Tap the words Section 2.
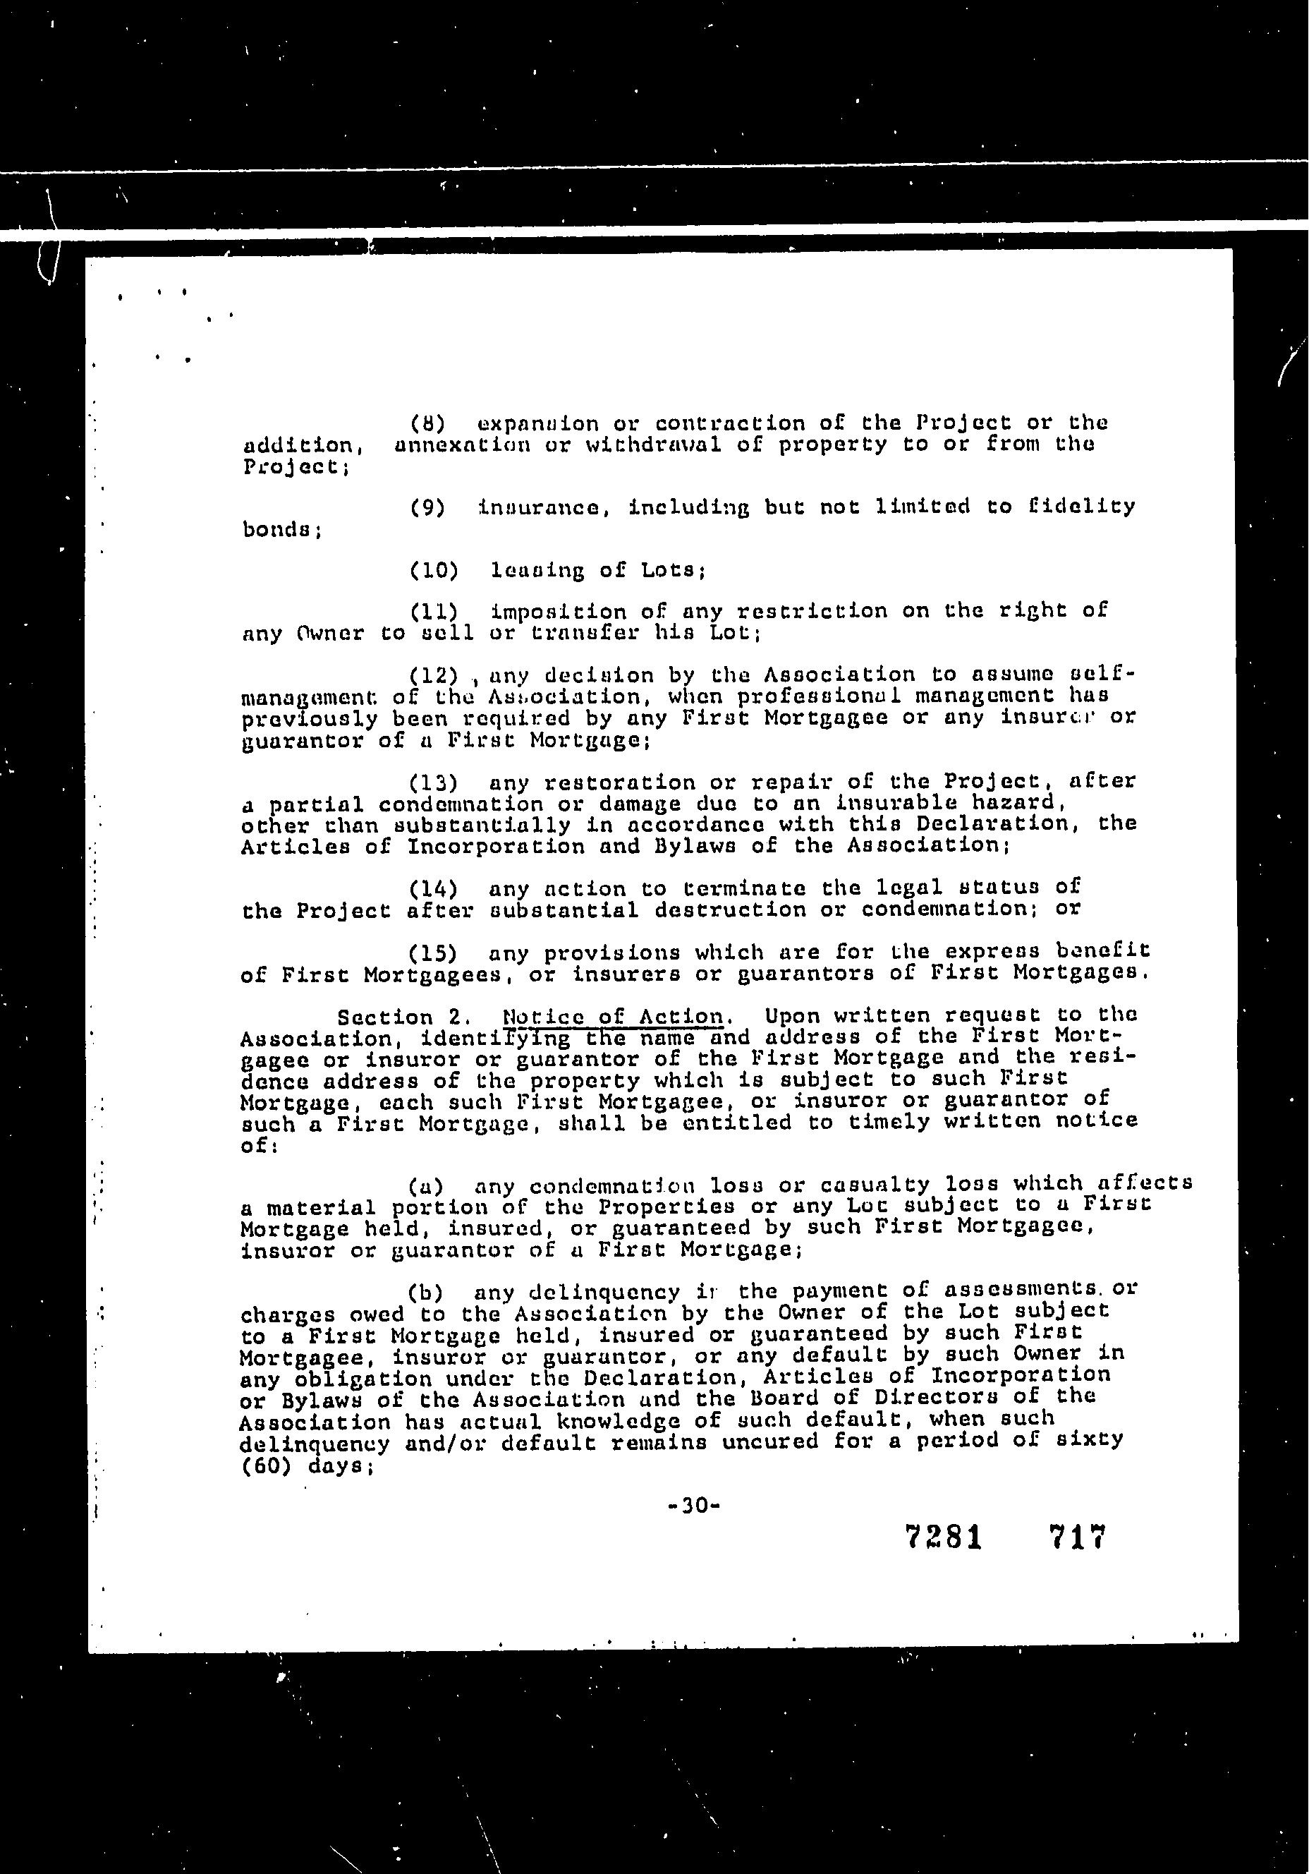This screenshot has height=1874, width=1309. pos(404,1018)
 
